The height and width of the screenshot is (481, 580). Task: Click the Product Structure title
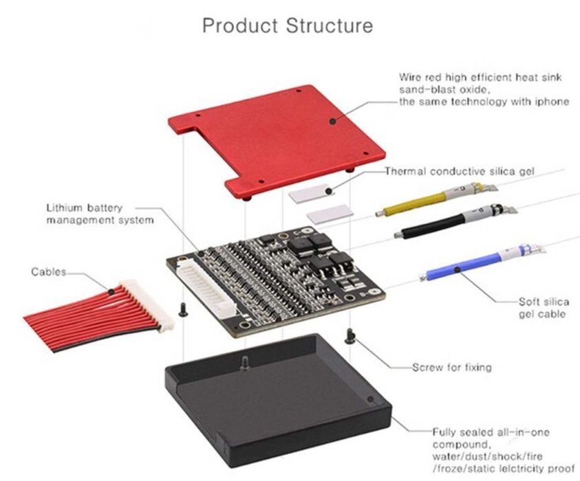pos(288,26)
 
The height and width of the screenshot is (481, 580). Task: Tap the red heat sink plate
pos(275,137)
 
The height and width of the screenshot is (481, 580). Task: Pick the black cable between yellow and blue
pos(433,226)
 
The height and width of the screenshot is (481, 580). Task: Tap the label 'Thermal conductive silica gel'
pos(459,171)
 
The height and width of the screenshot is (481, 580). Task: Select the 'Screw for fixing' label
pos(451,367)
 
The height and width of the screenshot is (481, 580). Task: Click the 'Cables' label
pos(49,272)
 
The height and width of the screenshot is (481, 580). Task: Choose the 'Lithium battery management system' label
pos(100,214)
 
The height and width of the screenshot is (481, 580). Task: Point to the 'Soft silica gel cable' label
pos(543,308)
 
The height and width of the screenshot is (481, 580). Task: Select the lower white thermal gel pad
pos(330,215)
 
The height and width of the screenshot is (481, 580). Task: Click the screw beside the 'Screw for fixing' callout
pos(350,336)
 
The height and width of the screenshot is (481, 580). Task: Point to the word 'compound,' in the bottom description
pos(457,444)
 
